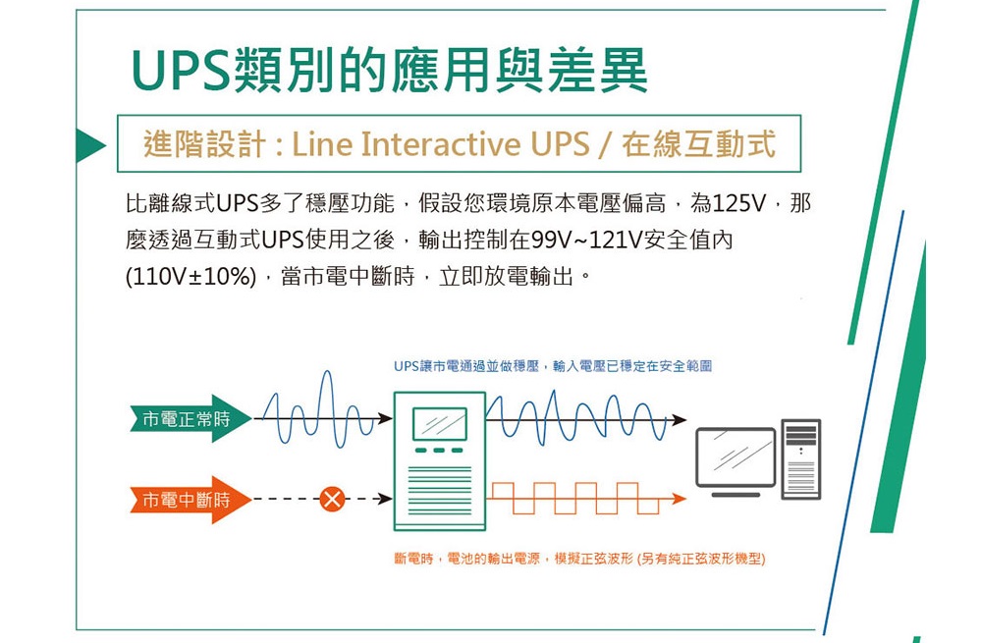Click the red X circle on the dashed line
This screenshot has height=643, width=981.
point(332,499)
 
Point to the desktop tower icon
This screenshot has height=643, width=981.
point(801,459)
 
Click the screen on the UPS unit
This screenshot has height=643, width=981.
point(439,423)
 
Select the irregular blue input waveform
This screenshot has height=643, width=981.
point(318,409)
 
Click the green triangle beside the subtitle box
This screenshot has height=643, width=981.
point(90,144)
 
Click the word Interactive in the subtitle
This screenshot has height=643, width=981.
point(441,144)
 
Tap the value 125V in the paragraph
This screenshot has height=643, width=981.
point(738,203)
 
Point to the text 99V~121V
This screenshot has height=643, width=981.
point(586,240)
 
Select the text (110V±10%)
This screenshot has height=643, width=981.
point(191,276)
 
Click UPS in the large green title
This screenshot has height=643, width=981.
point(181,70)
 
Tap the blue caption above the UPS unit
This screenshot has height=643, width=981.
point(553,366)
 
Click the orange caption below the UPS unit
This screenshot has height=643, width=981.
point(579,559)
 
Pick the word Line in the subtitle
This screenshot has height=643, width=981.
point(321,144)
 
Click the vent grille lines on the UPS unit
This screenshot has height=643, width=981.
point(439,490)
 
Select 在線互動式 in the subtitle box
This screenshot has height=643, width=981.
point(698,144)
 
